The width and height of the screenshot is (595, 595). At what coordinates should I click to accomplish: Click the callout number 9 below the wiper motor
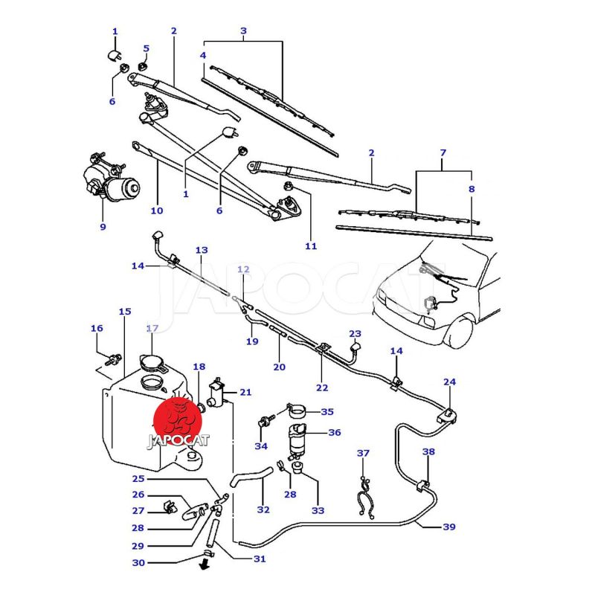coord(103,227)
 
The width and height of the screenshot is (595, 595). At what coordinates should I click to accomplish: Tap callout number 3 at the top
coord(243,30)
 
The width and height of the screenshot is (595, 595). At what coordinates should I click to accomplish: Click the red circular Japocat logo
coord(178,419)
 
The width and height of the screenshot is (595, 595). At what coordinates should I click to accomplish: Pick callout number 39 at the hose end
coord(448,527)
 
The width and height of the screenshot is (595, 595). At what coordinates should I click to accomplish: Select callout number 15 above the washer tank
coord(125,312)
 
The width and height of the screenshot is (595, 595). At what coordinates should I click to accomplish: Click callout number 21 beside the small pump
coord(245,392)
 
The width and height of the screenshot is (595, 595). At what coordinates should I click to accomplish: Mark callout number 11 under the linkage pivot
coord(311,246)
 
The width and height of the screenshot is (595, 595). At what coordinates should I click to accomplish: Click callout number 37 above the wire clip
coord(363,453)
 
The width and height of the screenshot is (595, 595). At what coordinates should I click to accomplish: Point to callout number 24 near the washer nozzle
coord(449,382)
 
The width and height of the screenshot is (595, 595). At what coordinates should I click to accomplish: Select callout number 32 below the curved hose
coord(263,509)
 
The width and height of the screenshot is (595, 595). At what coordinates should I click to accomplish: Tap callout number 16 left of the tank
coord(97,328)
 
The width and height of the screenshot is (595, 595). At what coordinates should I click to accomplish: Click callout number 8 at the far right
coord(471,190)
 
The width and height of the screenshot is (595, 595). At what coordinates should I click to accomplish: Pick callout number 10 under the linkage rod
coord(156,210)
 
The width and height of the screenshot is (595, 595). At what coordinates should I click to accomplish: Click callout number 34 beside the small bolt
coord(260,446)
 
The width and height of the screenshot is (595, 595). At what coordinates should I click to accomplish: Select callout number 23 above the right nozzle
coord(355,334)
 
